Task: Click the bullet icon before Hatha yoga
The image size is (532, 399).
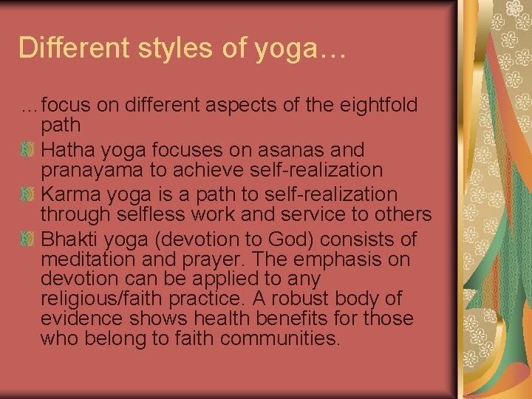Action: point(27,151)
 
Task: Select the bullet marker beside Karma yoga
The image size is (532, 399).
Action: point(27,195)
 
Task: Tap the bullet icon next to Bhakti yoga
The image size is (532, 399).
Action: point(27,240)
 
